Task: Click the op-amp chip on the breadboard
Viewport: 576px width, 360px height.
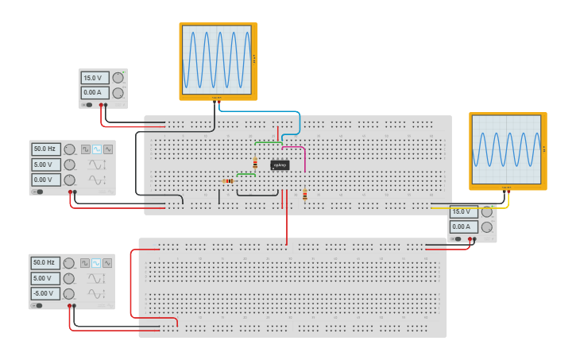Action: click(280, 165)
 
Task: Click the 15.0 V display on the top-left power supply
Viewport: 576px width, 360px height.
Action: click(95, 78)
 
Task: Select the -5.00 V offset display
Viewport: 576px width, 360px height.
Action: click(45, 294)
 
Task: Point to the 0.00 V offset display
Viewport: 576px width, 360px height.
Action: click(45, 180)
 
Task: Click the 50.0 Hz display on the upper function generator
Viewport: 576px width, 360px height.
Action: click(45, 149)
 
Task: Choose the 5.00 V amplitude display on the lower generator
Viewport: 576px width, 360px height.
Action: click(45, 278)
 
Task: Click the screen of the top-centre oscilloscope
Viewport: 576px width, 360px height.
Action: click(218, 60)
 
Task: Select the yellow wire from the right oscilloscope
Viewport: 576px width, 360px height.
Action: click(477, 207)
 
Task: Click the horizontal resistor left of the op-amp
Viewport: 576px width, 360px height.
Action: click(229, 181)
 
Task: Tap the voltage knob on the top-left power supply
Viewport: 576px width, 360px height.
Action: click(118, 78)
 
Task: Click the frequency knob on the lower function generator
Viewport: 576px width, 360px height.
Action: click(69, 263)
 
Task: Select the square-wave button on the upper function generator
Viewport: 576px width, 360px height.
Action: click(85, 149)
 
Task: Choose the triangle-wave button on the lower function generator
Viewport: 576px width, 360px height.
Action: click(107, 263)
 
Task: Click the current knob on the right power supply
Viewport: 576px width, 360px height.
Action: click(487, 227)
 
